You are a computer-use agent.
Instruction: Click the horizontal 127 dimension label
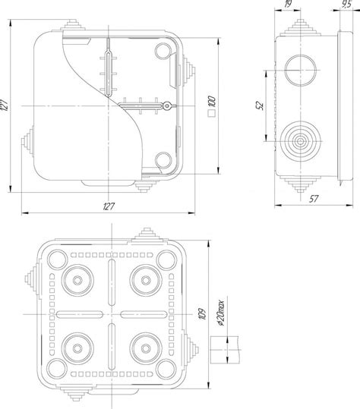click(x=109, y=206)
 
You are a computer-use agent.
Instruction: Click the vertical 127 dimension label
click(x=5, y=105)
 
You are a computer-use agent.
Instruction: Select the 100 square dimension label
click(x=212, y=102)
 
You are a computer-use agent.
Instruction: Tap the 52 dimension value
click(x=260, y=105)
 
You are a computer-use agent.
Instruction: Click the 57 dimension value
click(x=314, y=199)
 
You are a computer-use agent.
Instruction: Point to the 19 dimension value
click(x=288, y=4)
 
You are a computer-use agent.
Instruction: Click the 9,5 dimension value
click(x=346, y=5)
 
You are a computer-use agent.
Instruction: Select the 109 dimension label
click(x=202, y=314)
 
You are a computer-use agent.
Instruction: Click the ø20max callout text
click(x=221, y=313)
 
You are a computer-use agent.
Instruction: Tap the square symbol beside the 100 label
click(x=211, y=113)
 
